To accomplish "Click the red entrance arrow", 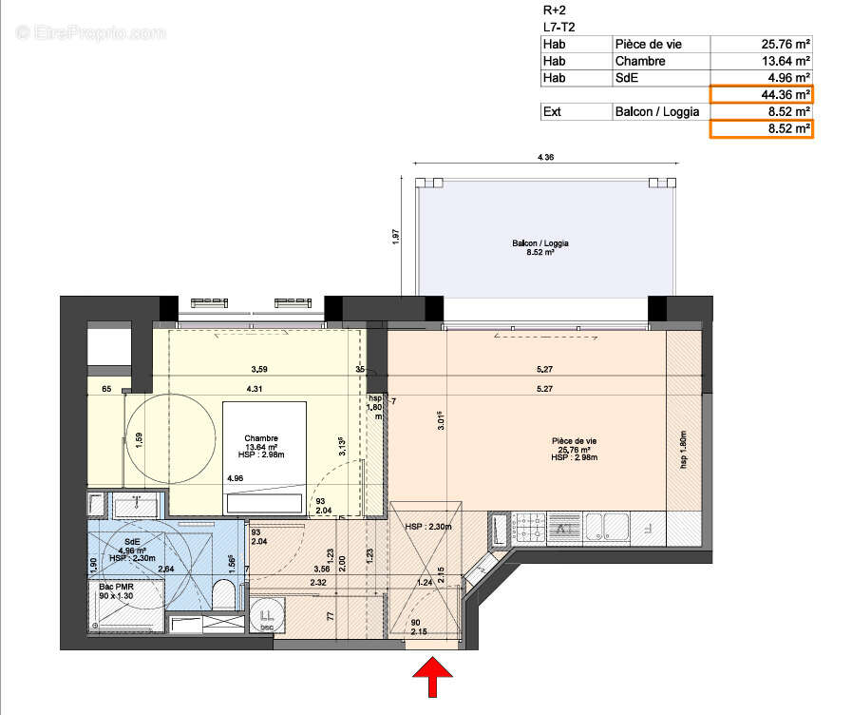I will pos(432,681).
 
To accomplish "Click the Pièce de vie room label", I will pos(575,446).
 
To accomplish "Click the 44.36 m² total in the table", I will pos(761,94).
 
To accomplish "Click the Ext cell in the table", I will pos(551,111).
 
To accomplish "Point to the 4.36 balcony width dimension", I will pos(545,157).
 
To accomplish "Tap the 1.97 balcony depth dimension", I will pos(396,236).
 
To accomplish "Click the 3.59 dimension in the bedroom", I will pos(259,369).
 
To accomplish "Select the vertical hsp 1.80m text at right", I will pos(683,447).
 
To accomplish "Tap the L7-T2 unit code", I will pos(558,27).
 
